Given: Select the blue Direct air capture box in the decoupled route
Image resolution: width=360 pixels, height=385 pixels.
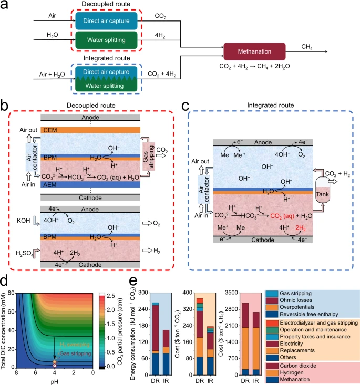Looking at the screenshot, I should click(x=106, y=20).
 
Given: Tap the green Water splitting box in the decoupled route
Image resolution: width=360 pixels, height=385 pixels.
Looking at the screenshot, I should click(x=106, y=38).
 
